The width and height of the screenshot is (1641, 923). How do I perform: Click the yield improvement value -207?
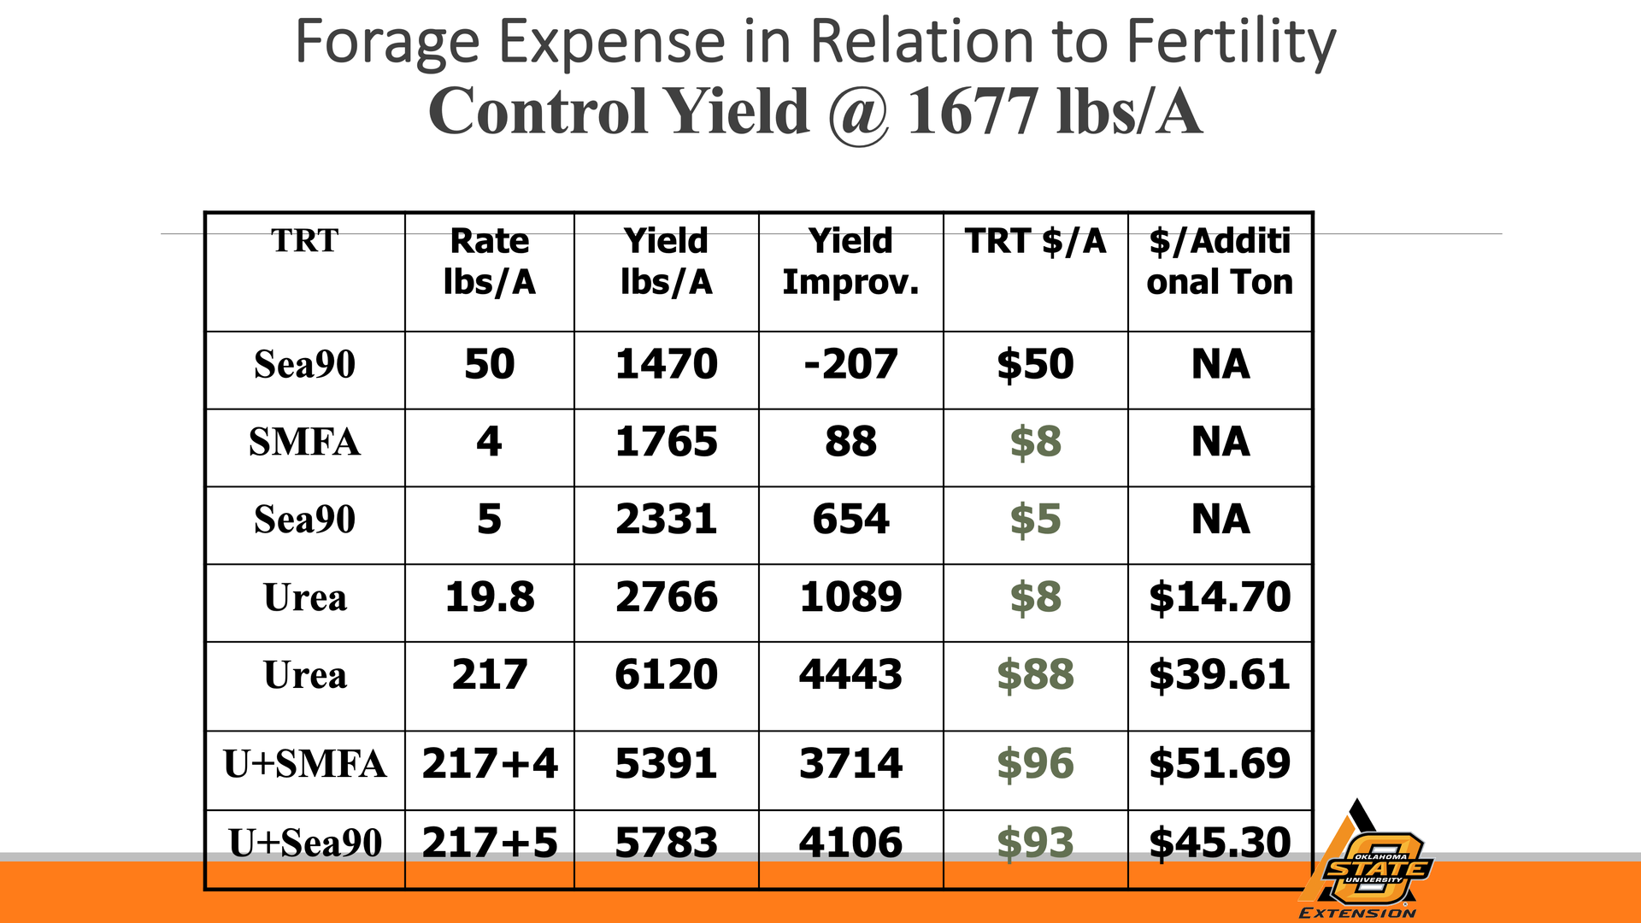click(x=850, y=365)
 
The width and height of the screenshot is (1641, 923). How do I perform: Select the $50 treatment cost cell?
click(x=1035, y=365)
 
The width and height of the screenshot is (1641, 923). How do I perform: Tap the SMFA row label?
click(x=304, y=443)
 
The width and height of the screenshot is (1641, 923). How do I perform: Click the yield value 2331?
click(x=666, y=520)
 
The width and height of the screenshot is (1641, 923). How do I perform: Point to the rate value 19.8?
click(x=489, y=597)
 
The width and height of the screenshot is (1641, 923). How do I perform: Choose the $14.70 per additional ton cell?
click(x=1220, y=597)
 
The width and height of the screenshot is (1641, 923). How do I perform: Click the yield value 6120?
click(x=666, y=675)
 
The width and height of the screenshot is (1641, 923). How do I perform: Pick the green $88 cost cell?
click(x=1035, y=675)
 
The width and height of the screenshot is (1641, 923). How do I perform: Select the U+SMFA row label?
click(x=304, y=764)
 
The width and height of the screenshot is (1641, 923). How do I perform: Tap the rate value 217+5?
click(x=489, y=843)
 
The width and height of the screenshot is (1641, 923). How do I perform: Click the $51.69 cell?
click(x=1220, y=764)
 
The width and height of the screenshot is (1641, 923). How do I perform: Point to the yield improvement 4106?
click(x=850, y=843)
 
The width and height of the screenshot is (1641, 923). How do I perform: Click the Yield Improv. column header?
click(x=850, y=262)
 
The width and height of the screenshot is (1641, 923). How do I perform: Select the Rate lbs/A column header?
click(x=489, y=262)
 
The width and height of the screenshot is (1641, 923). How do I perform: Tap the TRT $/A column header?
click(x=1035, y=242)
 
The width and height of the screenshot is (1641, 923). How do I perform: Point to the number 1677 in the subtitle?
click(x=973, y=113)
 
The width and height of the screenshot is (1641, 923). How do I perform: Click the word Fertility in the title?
click(x=1230, y=43)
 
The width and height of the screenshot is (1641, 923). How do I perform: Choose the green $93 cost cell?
click(x=1035, y=843)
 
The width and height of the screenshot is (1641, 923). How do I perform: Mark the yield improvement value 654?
click(x=850, y=520)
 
